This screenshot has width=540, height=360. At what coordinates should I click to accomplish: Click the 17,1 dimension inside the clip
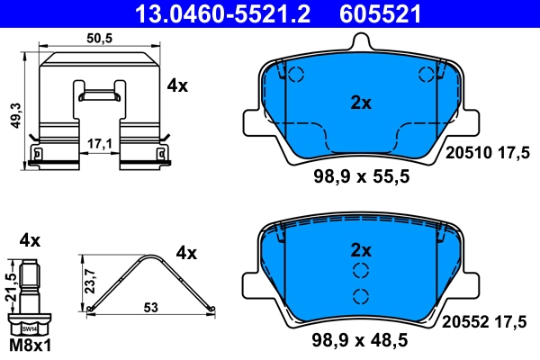pos(101,142)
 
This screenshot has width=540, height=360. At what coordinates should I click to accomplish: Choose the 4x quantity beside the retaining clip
pos(177,86)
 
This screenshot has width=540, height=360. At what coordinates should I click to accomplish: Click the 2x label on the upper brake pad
pos(360,103)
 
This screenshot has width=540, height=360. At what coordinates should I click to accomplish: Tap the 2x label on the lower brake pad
pos(360,249)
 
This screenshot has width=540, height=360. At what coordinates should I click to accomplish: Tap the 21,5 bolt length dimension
pos(12,286)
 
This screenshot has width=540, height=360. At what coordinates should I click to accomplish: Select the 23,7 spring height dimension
pos(87,280)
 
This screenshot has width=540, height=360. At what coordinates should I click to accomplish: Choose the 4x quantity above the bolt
pos(30,240)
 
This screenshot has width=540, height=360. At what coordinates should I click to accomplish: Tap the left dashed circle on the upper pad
pos(298,76)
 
